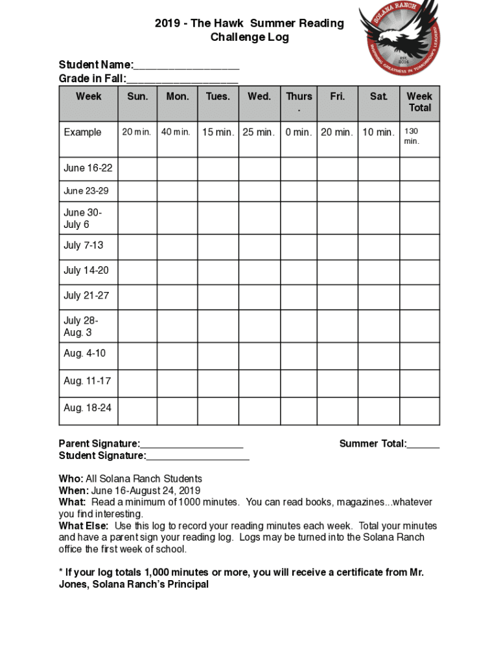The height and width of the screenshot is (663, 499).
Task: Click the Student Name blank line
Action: click(x=187, y=66)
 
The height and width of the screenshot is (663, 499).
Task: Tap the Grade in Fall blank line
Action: click(x=182, y=80)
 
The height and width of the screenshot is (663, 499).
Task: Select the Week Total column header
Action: click(x=419, y=102)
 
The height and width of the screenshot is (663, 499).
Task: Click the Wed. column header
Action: click(x=259, y=96)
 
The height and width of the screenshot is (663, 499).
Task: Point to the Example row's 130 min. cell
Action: click(x=419, y=136)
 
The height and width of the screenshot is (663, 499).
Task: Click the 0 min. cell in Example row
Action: click(x=299, y=133)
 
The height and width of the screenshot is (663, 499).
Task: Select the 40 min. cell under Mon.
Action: click(x=176, y=133)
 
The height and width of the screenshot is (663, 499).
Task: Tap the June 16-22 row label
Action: click(x=87, y=168)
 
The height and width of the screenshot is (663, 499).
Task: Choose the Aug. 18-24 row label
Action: click(x=87, y=408)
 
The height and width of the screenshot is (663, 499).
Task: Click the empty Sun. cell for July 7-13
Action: click(x=137, y=246)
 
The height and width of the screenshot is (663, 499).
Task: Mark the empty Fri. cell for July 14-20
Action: click(x=337, y=271)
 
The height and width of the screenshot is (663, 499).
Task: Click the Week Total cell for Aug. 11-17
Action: click(x=419, y=381)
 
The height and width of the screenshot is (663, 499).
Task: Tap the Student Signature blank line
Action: click(x=198, y=457)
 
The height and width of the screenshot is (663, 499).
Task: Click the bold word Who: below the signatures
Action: click(x=71, y=479)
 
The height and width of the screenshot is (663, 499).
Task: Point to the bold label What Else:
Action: click(x=84, y=526)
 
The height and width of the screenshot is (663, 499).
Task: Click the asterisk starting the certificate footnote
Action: click(x=61, y=572)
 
